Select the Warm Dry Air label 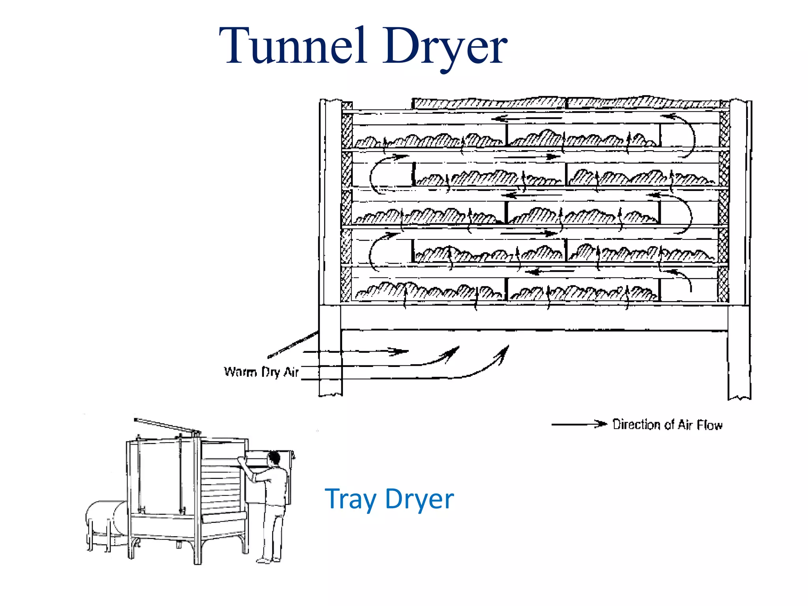click(261, 372)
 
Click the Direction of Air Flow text click(667, 425)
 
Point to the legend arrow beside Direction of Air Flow click(579, 424)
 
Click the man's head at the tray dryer click(274, 459)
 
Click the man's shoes click(268, 560)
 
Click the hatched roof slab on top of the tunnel click(568, 103)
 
